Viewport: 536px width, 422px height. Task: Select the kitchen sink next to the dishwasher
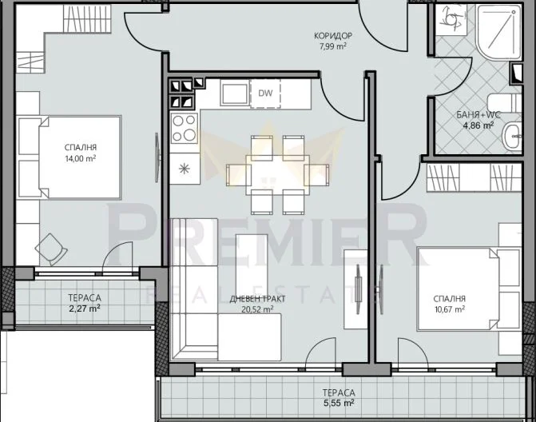[x=233, y=93]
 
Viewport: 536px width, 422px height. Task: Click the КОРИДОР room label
[x=332, y=36]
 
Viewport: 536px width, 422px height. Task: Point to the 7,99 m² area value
[x=332, y=46]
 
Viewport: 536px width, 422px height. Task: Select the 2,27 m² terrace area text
[x=82, y=307]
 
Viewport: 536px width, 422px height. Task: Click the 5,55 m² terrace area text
[x=339, y=404]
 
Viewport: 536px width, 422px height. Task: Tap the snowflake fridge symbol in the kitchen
[x=184, y=169]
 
